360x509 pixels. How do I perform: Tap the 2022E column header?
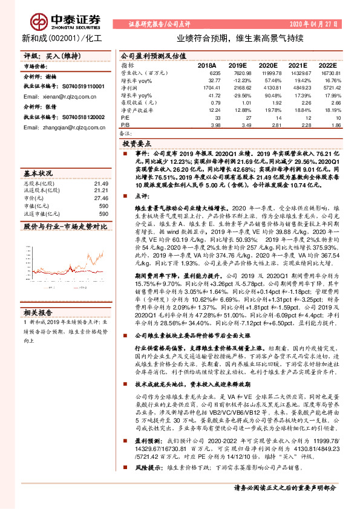[x=329, y=64]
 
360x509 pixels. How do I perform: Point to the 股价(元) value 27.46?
[x=101, y=198]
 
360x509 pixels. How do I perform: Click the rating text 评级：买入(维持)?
[x=46, y=55]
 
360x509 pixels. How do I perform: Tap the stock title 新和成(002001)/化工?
[x=53, y=37]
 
